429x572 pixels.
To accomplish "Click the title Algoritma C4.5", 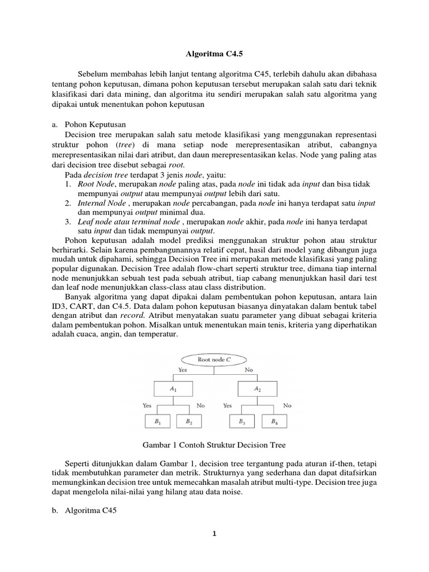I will pyautogui.click(x=214, y=55).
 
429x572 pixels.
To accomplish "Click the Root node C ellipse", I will pyautogui.click(x=213, y=360).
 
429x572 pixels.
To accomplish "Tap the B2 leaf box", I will pyautogui.click(x=189, y=422).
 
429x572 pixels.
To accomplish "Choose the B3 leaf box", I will pyautogui.click(x=241, y=422).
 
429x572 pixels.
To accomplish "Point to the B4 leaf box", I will pyautogui.click(x=274, y=422).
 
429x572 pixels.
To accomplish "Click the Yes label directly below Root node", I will pyautogui.click(x=182, y=370).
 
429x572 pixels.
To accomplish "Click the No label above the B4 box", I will pyautogui.click(x=287, y=406).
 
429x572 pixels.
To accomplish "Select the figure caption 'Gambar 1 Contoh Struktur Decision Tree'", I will pyautogui.click(x=214, y=445).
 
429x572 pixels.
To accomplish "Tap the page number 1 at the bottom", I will pyautogui.click(x=214, y=533).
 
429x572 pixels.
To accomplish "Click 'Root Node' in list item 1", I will pyautogui.click(x=95, y=184).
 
